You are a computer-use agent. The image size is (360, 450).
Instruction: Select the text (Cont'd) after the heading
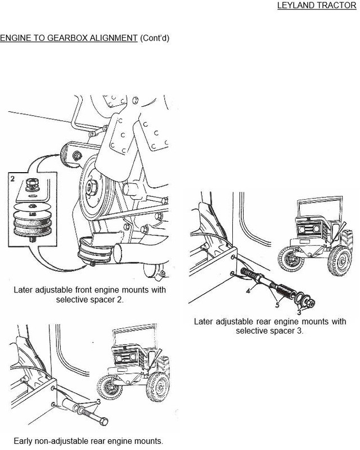coord(155,38)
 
